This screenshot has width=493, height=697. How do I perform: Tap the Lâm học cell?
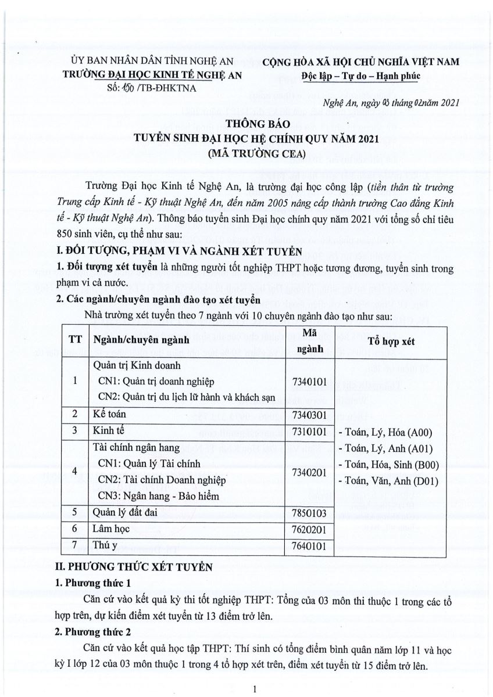[x=111, y=529]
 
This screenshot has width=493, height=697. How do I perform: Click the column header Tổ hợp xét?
[x=391, y=342]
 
